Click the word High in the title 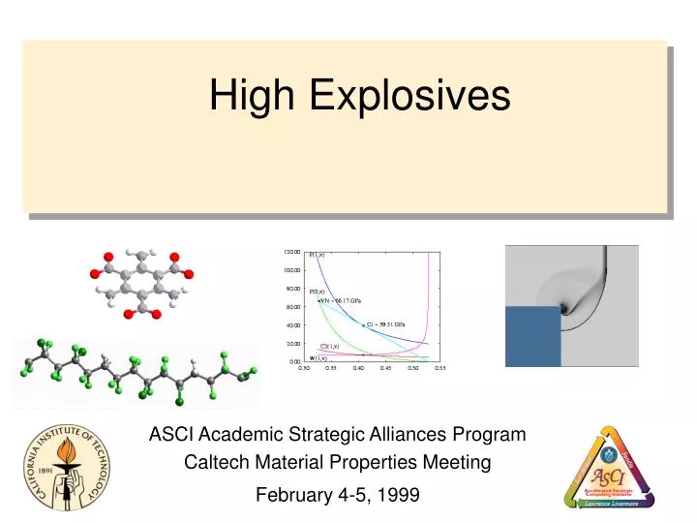pos(248,96)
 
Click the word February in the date pos(294,495)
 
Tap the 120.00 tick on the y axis pos(291,252)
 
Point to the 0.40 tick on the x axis pos(358,369)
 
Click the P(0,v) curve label pos(318,291)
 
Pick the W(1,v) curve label pos(318,358)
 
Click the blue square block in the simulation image pos(534,336)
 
